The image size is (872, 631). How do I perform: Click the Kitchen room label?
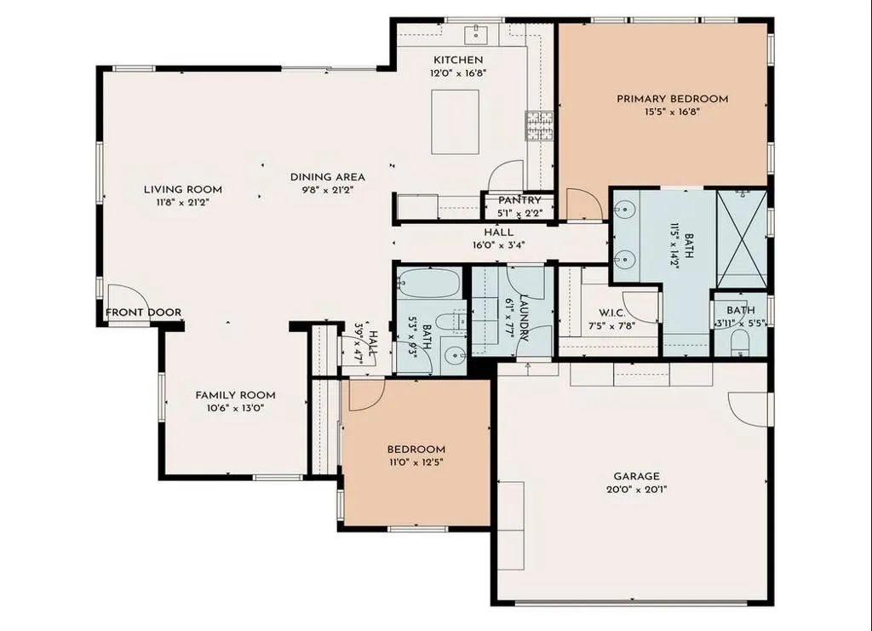pyautogui.click(x=458, y=60)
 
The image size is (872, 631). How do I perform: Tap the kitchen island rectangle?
pyautogui.click(x=456, y=122)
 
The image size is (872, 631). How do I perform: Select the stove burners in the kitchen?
pyautogui.click(x=539, y=125)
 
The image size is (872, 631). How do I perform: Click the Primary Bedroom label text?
pyautogui.click(x=673, y=99)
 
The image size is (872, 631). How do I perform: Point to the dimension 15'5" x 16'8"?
pyautogui.click(x=673, y=112)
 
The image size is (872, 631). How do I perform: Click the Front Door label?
pyautogui.click(x=143, y=313)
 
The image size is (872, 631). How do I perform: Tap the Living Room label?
pyautogui.click(x=183, y=190)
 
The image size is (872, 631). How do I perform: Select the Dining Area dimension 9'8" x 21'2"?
pyautogui.click(x=328, y=190)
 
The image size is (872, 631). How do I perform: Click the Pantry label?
pyautogui.click(x=519, y=200)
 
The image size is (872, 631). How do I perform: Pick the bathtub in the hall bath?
pyautogui.click(x=429, y=283)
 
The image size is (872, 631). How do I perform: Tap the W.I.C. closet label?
pyautogui.click(x=611, y=313)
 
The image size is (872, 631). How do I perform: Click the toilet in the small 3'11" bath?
pyautogui.click(x=739, y=343)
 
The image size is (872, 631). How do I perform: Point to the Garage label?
pyautogui.click(x=637, y=477)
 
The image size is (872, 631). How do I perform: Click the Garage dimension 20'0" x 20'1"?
pyautogui.click(x=637, y=490)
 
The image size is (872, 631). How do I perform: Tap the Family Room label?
pyautogui.click(x=235, y=395)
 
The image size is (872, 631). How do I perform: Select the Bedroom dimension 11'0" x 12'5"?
pyautogui.click(x=416, y=462)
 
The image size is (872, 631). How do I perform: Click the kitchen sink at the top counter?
pyautogui.click(x=477, y=33)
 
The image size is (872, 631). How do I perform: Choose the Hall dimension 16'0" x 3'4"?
pyautogui.click(x=499, y=244)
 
